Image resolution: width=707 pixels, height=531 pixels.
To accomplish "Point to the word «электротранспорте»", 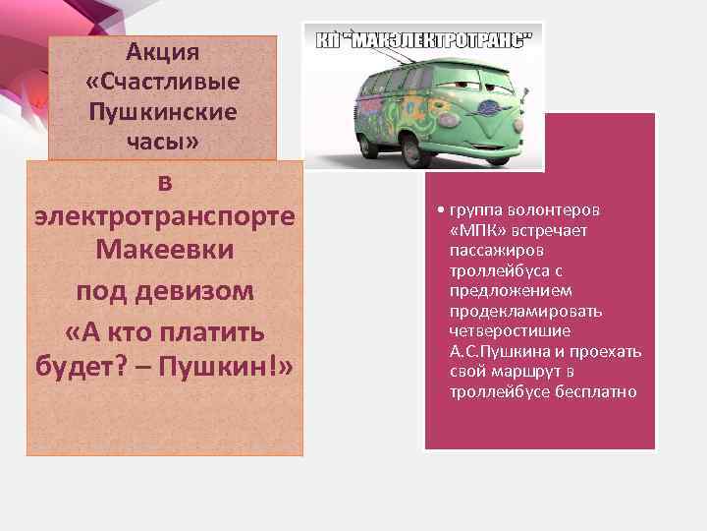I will [164, 215].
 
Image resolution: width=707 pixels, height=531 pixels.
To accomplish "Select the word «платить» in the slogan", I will [222, 330].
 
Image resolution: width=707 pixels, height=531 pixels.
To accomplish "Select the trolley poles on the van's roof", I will [388, 53].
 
